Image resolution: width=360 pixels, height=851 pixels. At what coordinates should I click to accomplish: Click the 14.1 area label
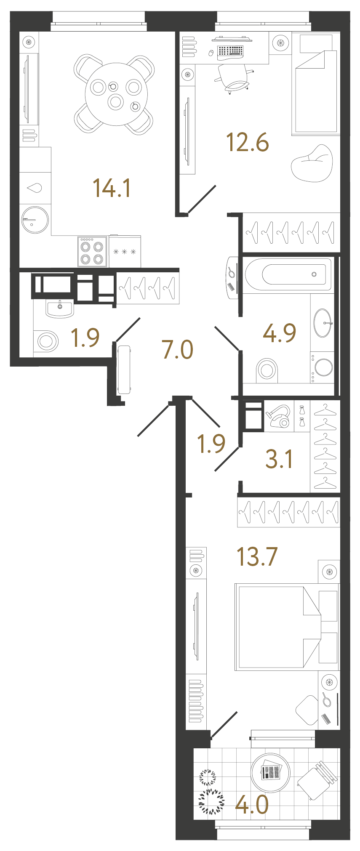pyautogui.click(x=112, y=188)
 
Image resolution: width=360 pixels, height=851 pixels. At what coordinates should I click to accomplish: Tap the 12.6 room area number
pyautogui.click(x=247, y=142)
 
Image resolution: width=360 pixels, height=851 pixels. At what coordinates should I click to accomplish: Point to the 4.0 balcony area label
pyautogui.click(x=252, y=805)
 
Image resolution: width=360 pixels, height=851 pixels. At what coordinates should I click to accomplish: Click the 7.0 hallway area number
pyautogui.click(x=177, y=350)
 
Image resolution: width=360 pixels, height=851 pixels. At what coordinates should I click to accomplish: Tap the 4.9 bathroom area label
pyautogui.click(x=279, y=333)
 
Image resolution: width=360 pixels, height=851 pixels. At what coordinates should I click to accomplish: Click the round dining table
pyautogui.click(x=116, y=94)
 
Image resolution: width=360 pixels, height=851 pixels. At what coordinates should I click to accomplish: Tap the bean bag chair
pyautogui.click(x=312, y=163)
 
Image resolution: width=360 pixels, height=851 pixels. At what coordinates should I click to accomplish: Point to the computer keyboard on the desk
pyautogui.click(x=230, y=51)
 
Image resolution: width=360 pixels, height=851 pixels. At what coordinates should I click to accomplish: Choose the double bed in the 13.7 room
pyautogui.click(x=278, y=627)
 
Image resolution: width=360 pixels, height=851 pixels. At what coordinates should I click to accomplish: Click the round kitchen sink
pyautogui.click(x=35, y=220)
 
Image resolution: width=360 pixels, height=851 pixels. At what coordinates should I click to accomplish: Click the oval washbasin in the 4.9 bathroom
pyautogui.click(x=323, y=323)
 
